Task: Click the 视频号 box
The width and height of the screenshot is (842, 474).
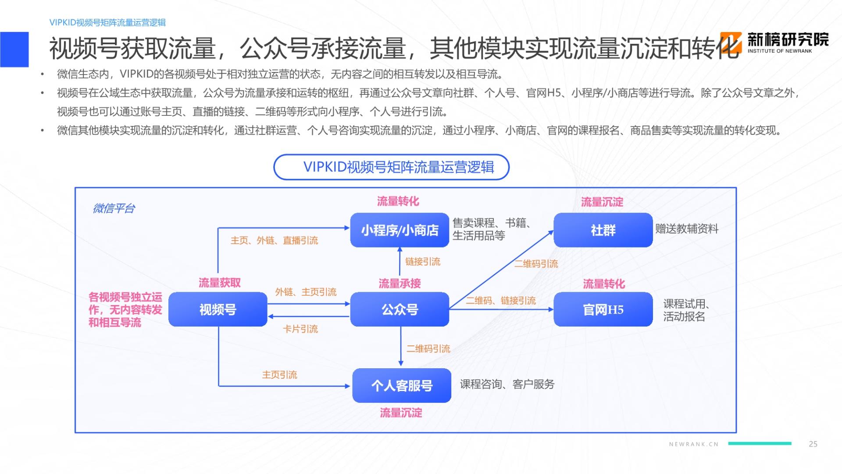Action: [x=218, y=309]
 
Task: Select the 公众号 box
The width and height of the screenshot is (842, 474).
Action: [x=400, y=309]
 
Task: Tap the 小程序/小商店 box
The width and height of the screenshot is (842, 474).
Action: [x=400, y=230]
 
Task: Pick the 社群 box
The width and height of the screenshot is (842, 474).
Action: [x=603, y=230]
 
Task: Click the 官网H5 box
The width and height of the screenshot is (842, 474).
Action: [x=603, y=309]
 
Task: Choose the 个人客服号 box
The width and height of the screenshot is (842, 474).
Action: [x=402, y=385]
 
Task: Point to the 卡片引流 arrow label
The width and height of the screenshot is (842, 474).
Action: [x=300, y=329]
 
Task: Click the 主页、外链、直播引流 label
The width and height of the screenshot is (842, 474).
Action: [x=274, y=241]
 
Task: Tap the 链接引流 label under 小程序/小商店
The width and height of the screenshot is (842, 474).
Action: [x=423, y=262]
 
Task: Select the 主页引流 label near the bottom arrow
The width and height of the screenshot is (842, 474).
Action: [x=279, y=375]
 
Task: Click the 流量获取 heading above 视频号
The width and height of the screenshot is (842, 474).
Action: [x=220, y=283]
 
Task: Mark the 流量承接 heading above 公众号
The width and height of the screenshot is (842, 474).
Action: [x=400, y=284]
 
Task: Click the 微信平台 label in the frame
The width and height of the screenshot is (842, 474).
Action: [x=114, y=208]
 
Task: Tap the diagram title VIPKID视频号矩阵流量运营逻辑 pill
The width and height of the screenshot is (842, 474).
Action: [x=391, y=167]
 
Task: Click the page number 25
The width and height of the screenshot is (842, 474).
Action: [x=813, y=444]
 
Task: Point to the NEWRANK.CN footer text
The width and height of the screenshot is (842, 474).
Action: [x=694, y=444]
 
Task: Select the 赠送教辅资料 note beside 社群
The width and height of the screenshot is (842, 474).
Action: [x=687, y=229]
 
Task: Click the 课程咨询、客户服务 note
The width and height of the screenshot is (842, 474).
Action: [x=507, y=384]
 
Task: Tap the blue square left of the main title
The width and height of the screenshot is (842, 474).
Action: [x=14, y=49]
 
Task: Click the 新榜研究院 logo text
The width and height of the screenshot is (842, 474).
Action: [x=788, y=40]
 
